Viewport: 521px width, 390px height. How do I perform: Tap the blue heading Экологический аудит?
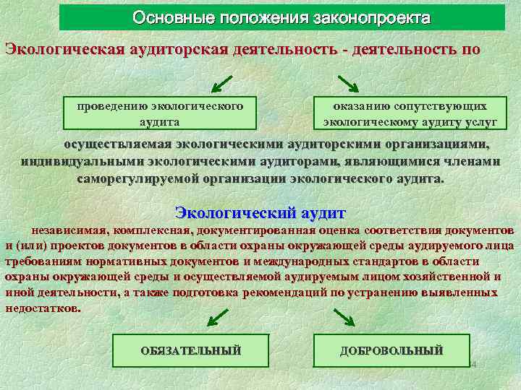pyautogui.click(x=260, y=214)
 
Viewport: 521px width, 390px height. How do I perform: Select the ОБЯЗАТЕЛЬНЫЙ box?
pyautogui.click(x=190, y=351)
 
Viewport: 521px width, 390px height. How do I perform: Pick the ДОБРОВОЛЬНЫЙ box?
pyautogui.click(x=391, y=351)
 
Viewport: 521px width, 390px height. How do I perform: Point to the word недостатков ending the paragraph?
pyautogui.click(x=42, y=307)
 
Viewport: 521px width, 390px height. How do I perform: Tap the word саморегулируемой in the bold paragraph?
pyautogui.click(x=137, y=178)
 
